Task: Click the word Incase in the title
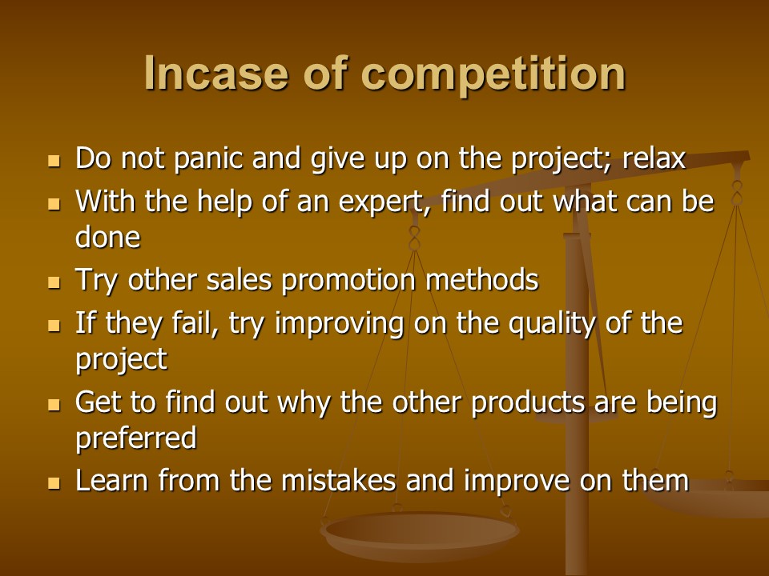215,73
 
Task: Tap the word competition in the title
493,74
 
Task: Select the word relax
654,158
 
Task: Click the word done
108,238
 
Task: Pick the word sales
239,280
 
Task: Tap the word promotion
348,281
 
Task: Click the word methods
481,280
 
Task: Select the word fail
195,324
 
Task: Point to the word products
528,402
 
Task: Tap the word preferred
136,438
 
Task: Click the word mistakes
338,480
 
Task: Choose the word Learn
112,480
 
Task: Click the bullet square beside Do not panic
54,161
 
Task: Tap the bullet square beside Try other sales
54,282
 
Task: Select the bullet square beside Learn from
54,483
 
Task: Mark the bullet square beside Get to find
54,405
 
